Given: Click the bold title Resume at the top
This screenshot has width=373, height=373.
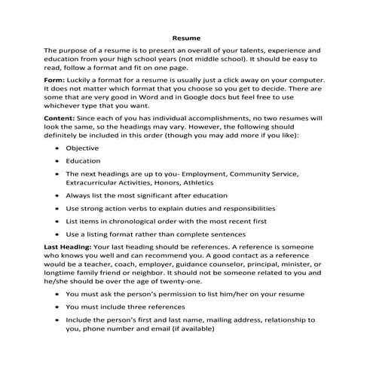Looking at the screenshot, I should click(x=186, y=35).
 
